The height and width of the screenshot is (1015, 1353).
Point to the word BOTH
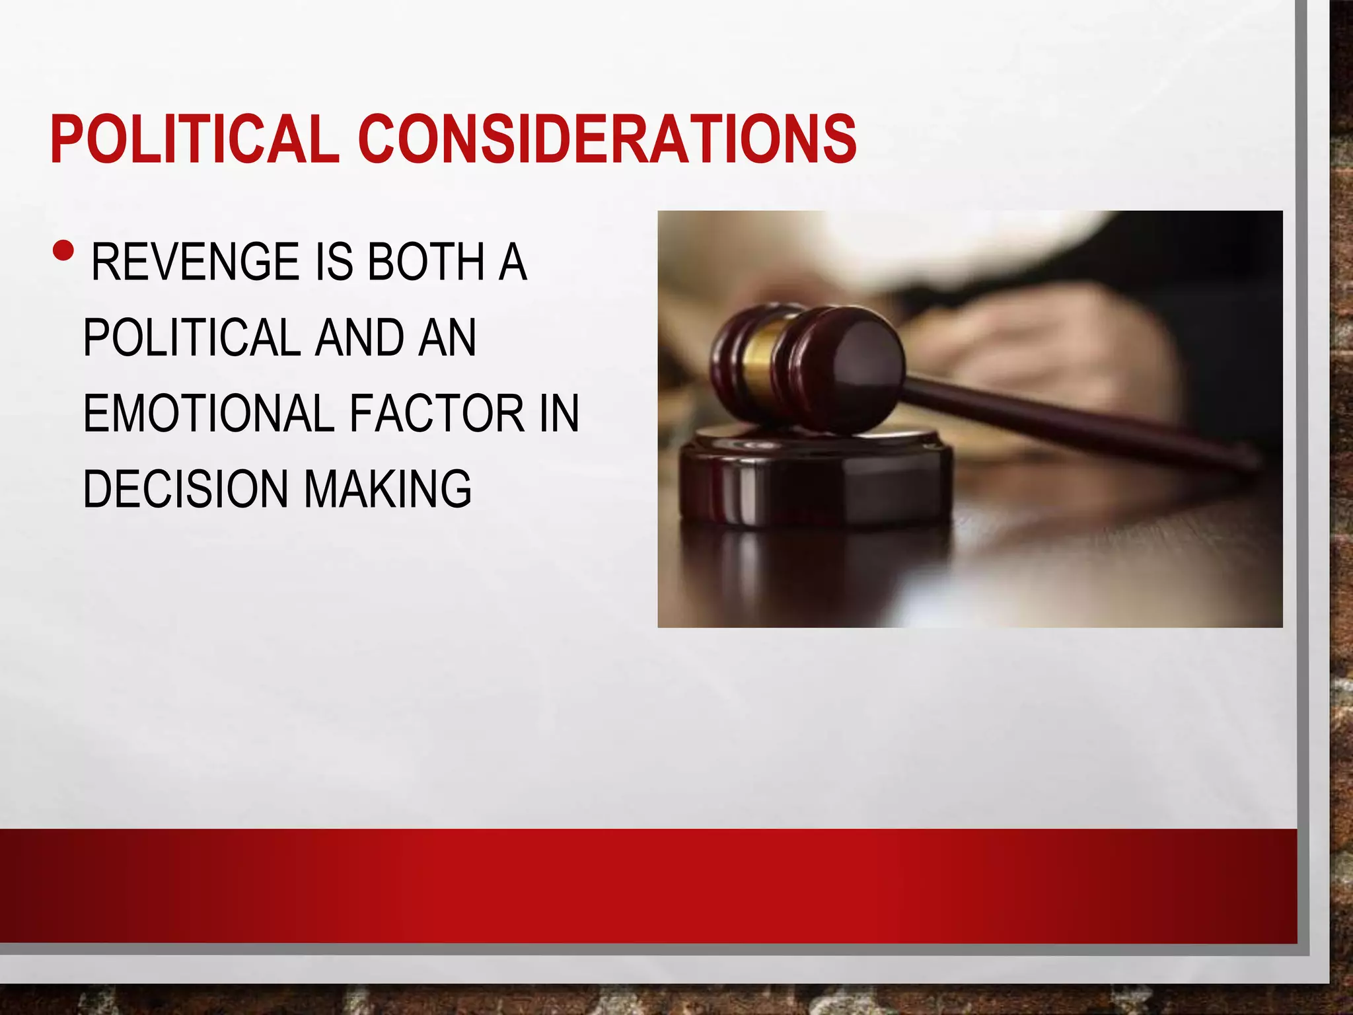click(x=426, y=262)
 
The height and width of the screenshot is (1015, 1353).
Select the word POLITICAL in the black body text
click(x=192, y=338)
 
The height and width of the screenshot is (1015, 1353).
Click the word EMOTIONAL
click(x=208, y=414)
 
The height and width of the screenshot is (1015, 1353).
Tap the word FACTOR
click(x=437, y=414)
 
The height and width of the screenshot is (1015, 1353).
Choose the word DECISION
click(x=185, y=489)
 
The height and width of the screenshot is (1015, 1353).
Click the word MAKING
click(x=388, y=489)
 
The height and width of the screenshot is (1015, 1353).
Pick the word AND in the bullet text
click(x=360, y=338)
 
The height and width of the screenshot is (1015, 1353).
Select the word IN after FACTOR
click(x=559, y=414)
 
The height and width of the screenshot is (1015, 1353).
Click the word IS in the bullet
click(x=336, y=262)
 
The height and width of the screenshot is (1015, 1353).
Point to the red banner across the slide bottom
click(x=647, y=885)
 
